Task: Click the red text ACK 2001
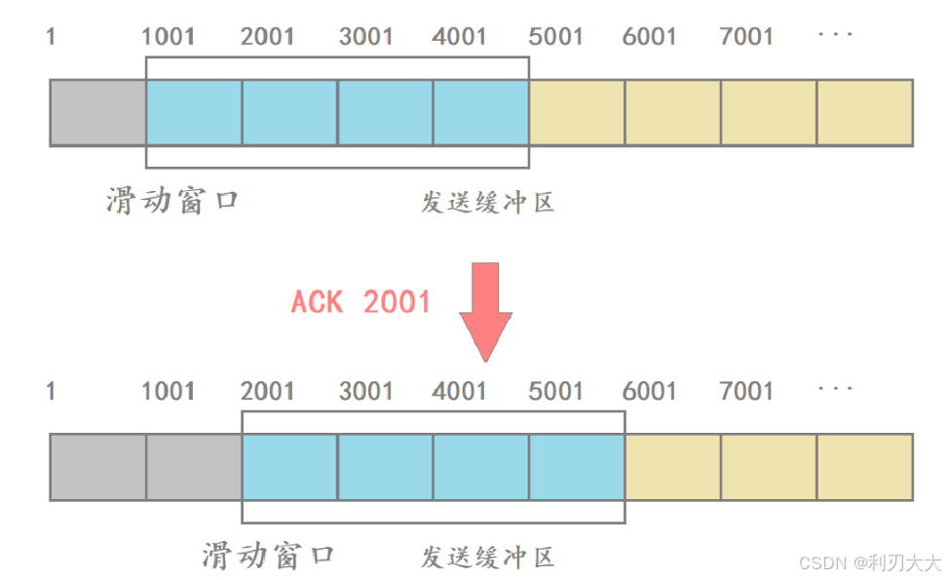tap(360, 301)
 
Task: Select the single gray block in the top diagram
tap(97, 113)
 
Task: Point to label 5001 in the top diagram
tap(555, 37)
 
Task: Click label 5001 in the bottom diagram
tap(555, 391)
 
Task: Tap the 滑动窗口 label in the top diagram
tap(172, 201)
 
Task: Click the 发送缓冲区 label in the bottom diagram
tap(487, 557)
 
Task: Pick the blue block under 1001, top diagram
tap(194, 113)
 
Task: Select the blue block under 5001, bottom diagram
tap(577, 467)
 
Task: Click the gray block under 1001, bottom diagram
tap(194, 467)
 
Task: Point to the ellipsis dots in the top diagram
tap(836, 35)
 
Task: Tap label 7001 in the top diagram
tap(746, 37)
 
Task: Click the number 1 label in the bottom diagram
tap(51, 391)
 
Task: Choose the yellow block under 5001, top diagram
tap(577, 113)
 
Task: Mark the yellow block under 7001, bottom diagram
tap(769, 467)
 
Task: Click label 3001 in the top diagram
tap(365, 37)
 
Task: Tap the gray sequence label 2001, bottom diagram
tap(267, 391)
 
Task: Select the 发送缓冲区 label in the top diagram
tap(487, 203)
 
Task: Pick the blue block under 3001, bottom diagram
tap(385, 467)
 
